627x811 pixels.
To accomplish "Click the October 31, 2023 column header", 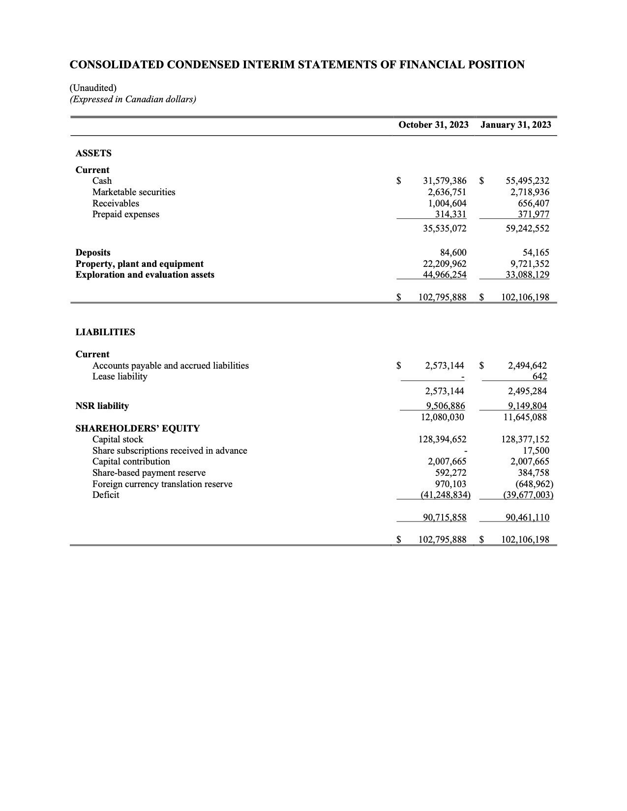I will pos(433,125).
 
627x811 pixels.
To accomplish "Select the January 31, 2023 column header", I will pos(515,125).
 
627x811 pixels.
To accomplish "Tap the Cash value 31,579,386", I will pos(445,181).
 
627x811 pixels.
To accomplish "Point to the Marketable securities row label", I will pos(134,192).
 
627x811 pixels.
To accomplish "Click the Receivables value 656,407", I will pos(534,203).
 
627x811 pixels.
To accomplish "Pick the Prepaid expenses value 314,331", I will pos(450,214).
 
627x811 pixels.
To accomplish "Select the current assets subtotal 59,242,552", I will pos(527,229).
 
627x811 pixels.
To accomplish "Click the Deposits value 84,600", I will pos(453,253).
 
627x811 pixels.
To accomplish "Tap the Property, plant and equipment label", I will pos(139,264).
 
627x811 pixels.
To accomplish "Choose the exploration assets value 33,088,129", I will pos(527,275).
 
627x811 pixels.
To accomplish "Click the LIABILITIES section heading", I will pos(105,332).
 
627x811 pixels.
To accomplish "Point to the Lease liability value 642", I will pos(539,377).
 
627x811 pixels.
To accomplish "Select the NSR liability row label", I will pos(102,406).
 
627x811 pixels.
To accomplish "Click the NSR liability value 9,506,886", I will pos(445,406).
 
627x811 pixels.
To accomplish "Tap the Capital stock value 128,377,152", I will pos(525,439).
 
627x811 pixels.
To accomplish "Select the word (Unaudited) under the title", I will pos(93,88).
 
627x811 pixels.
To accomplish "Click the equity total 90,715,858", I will pos(445,518).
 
